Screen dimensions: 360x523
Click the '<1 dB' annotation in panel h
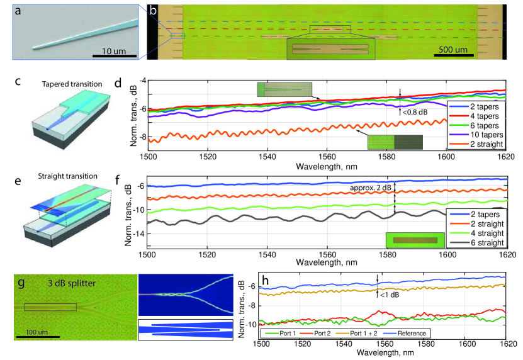388,293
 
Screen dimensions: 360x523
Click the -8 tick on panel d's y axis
142,137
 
